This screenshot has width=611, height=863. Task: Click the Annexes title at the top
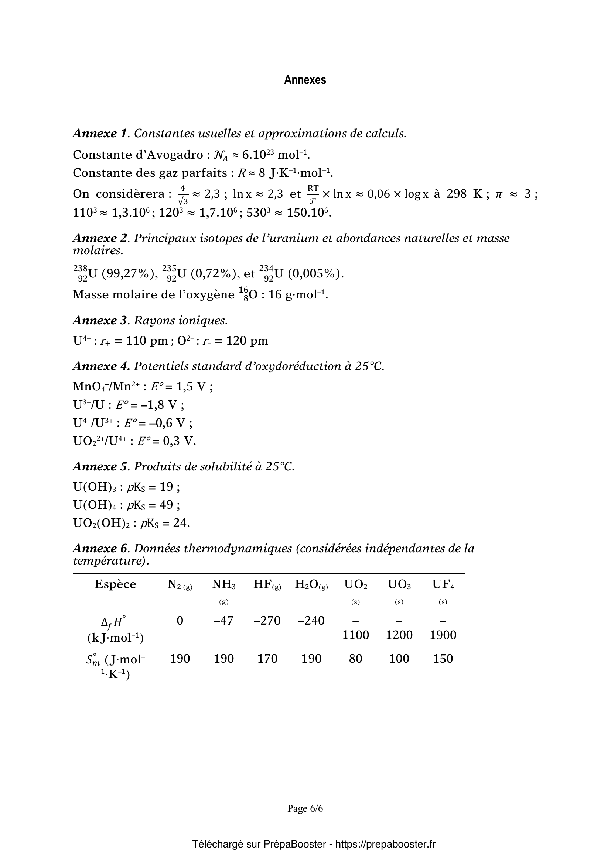305,80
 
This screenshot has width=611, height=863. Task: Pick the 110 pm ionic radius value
147,341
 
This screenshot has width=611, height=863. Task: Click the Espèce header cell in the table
115,584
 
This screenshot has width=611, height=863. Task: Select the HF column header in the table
267,584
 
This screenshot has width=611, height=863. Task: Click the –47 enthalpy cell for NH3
223,621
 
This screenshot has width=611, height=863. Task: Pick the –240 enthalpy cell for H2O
311,621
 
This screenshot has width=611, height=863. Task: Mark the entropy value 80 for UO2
355,659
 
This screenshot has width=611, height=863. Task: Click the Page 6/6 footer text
305,808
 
